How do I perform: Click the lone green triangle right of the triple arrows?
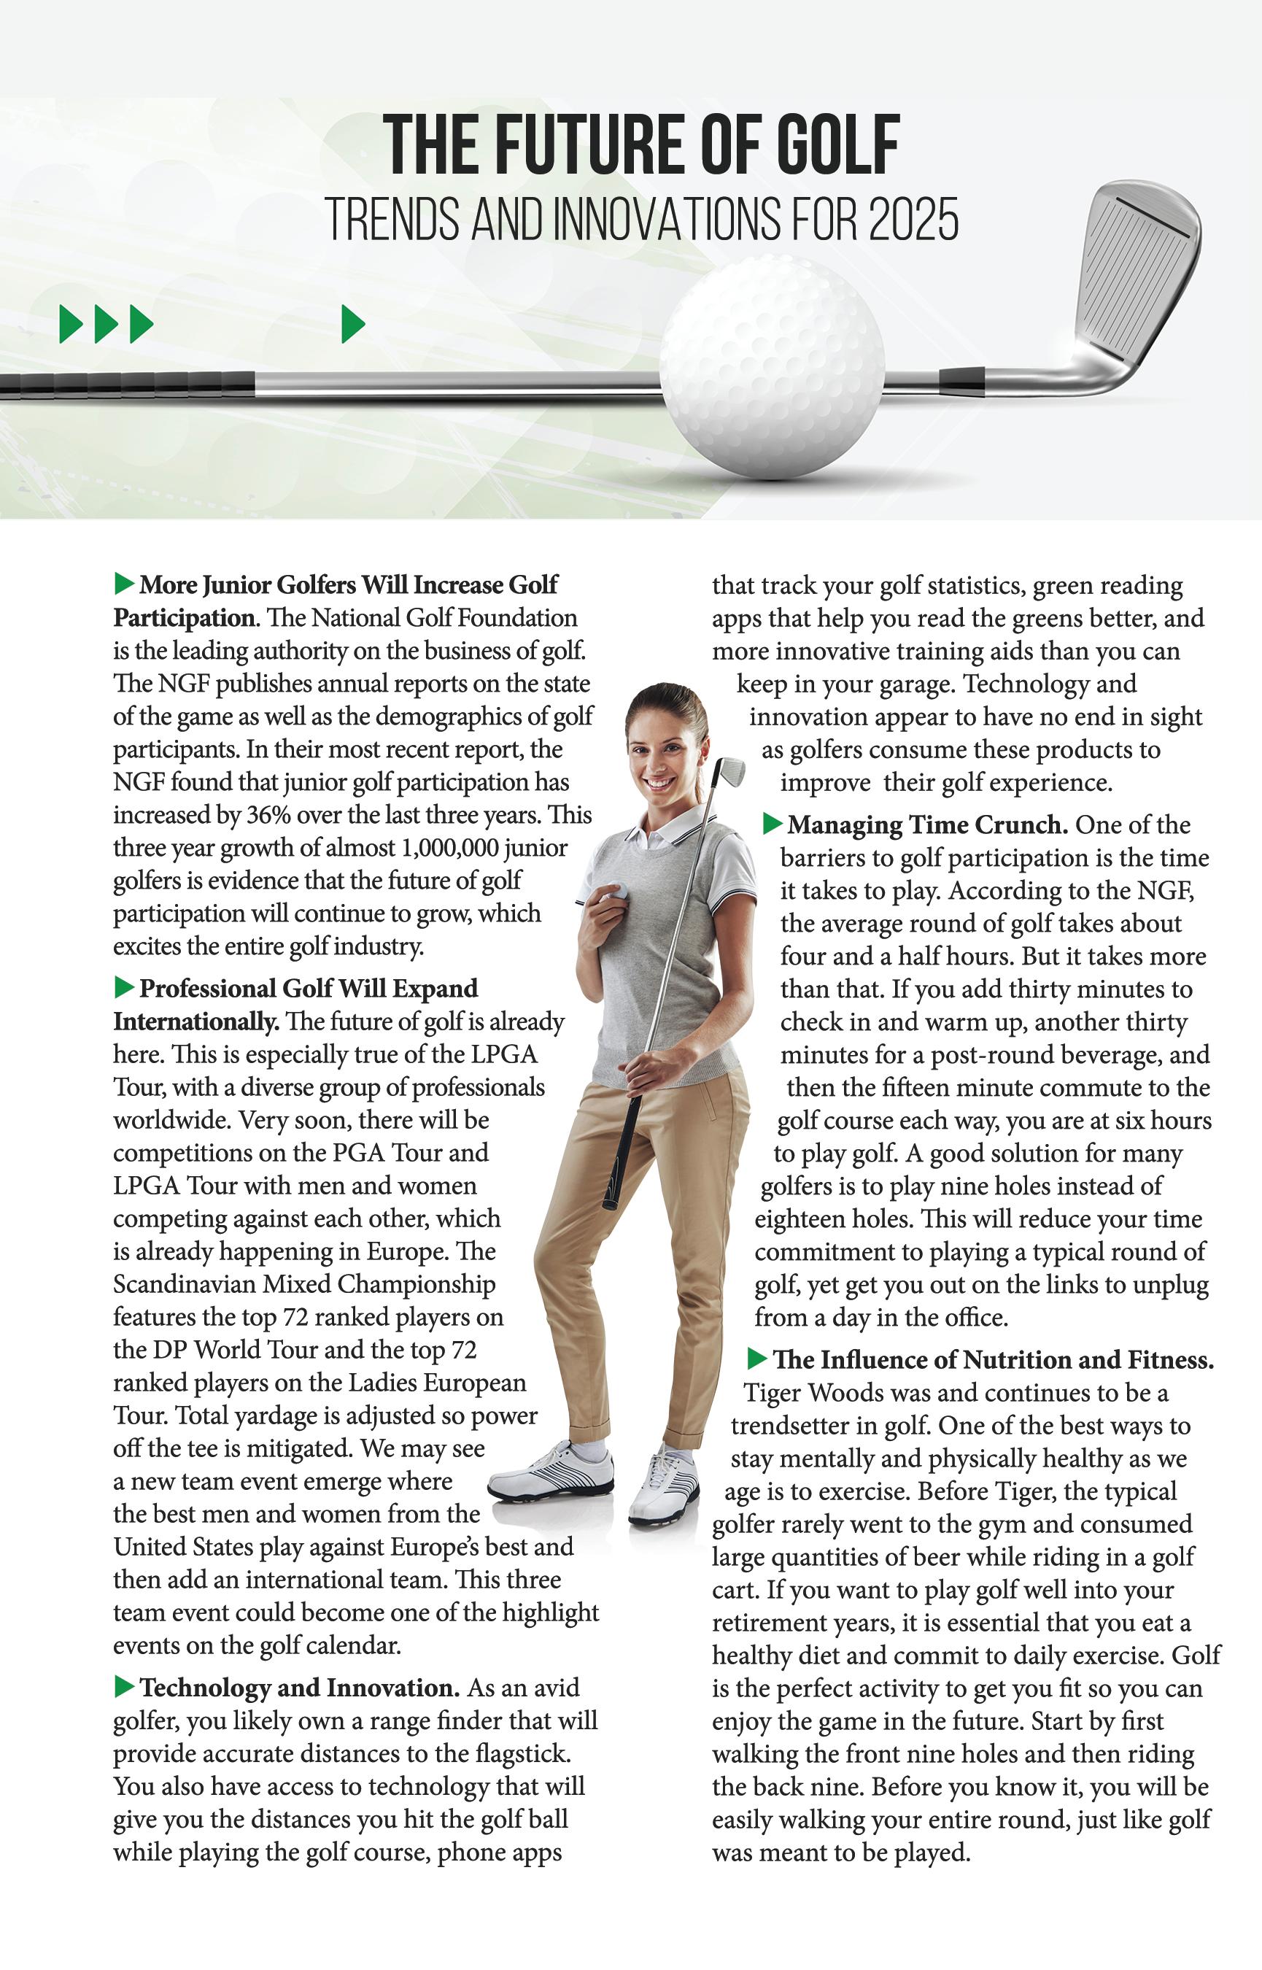[x=352, y=324]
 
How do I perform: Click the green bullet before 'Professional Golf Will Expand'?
[x=124, y=987]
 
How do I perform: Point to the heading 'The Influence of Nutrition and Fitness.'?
[x=992, y=1359]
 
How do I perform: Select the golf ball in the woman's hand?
[x=617, y=892]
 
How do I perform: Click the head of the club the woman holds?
[x=730, y=771]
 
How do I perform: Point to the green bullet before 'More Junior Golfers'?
[x=124, y=584]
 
